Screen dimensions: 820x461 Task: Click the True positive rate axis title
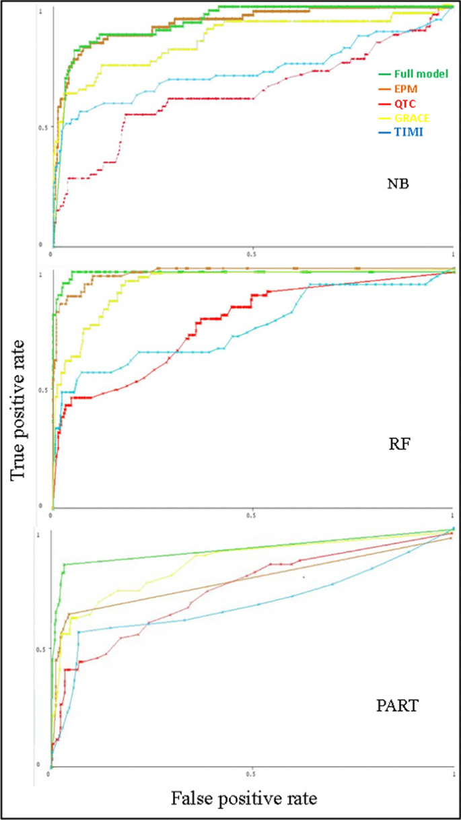click(18, 410)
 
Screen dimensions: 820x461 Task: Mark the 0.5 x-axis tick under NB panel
click(252, 254)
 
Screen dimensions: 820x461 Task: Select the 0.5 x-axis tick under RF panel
click(252, 516)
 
